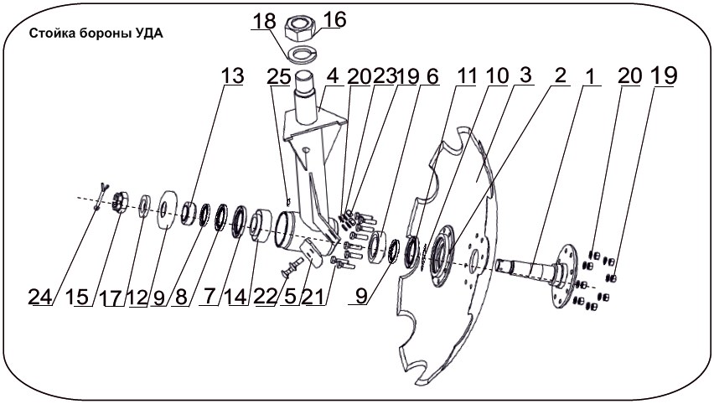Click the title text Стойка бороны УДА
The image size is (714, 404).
(x=96, y=34)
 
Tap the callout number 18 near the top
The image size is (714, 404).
(x=264, y=21)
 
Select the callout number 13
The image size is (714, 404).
(x=233, y=75)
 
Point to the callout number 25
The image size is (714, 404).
(x=279, y=76)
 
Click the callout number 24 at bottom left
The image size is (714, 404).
(x=40, y=297)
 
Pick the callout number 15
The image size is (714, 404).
(x=77, y=297)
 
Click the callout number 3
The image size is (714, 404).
(x=525, y=75)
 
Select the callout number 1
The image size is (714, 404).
(x=590, y=76)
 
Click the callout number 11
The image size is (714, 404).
(x=467, y=75)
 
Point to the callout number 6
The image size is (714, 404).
(x=432, y=76)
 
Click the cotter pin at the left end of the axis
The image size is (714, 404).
(x=100, y=196)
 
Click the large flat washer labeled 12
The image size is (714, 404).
(x=168, y=209)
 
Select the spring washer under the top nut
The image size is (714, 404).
(x=301, y=54)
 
